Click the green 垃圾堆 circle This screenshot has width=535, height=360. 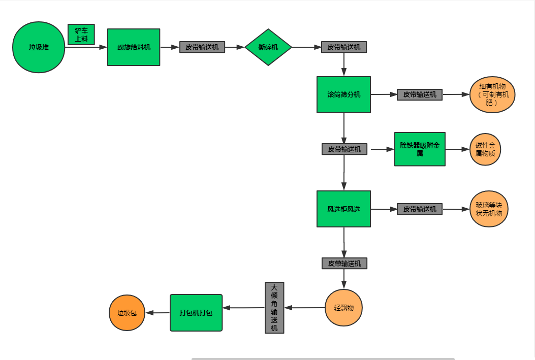[x=39, y=47]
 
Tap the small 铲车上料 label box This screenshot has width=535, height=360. [x=81, y=35]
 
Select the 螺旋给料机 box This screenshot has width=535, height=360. [x=134, y=47]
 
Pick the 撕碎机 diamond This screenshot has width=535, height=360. [x=268, y=47]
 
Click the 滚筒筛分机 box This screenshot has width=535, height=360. [x=343, y=94]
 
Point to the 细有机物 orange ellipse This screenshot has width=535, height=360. [x=492, y=95]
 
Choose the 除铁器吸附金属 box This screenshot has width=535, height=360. [x=420, y=149]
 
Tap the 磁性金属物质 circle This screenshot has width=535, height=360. [x=485, y=149]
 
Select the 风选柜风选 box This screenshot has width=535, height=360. [x=343, y=209]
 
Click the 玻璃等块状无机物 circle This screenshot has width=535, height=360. [x=489, y=209]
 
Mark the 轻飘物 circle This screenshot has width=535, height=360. [x=344, y=308]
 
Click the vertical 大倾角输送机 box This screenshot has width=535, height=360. [x=274, y=308]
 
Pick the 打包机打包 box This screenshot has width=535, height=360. [x=196, y=313]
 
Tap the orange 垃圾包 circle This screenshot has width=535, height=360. [x=127, y=313]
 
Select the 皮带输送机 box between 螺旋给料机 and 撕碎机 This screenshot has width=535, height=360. [x=202, y=47]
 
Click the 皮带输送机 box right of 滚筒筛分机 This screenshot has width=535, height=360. [x=420, y=94]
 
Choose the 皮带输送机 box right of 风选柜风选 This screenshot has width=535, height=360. [x=420, y=209]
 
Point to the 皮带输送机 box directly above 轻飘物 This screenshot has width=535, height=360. [x=344, y=264]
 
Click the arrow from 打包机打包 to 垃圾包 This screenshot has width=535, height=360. [x=158, y=313]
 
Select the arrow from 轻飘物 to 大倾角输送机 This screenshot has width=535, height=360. [x=305, y=308]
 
